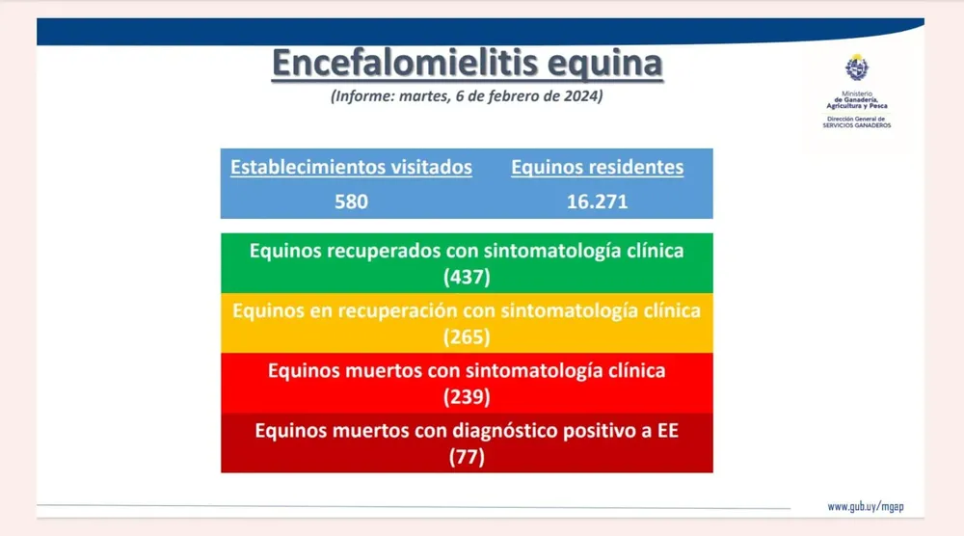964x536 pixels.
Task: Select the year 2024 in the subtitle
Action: (x=581, y=95)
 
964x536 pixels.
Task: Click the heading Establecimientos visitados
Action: (x=351, y=167)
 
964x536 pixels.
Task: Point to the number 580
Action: (x=351, y=201)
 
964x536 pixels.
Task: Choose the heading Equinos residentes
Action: (x=597, y=167)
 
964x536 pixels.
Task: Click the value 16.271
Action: (x=597, y=201)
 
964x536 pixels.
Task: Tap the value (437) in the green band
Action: (x=467, y=278)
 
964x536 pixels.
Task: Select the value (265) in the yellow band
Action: (x=467, y=336)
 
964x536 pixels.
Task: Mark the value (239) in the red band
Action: (x=467, y=397)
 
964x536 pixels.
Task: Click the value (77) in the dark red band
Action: (x=467, y=457)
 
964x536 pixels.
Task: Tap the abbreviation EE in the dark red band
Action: (x=668, y=430)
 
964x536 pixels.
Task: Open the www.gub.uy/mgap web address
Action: (x=866, y=507)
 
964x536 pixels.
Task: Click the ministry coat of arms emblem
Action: (x=856, y=67)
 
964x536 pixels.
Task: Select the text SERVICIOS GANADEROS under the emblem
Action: (x=856, y=125)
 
